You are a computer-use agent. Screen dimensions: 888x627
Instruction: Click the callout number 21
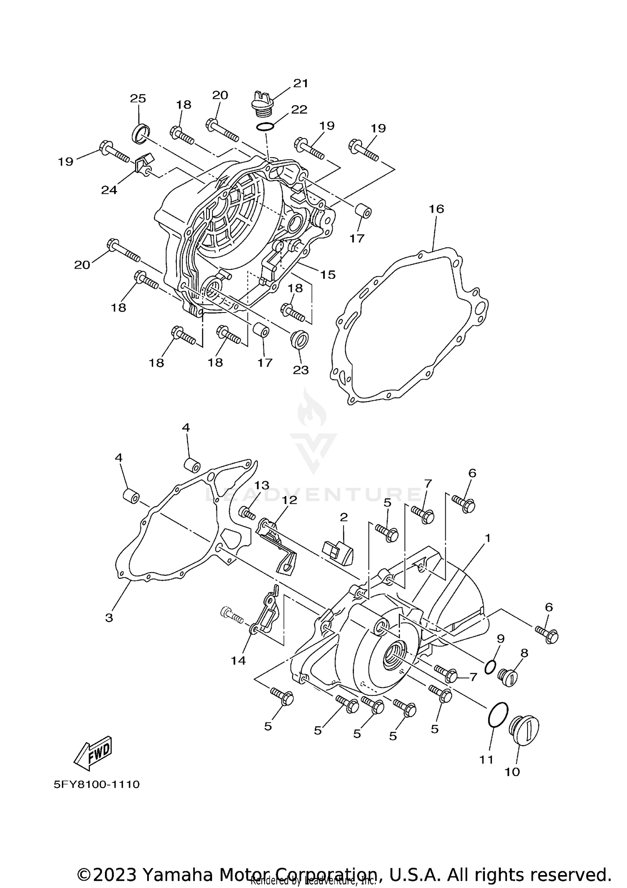coord(301,83)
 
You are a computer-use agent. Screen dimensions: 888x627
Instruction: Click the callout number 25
coord(138,99)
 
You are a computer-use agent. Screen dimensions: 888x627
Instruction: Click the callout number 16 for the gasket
coord(436,209)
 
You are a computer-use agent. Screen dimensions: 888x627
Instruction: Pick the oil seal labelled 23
coord(300,339)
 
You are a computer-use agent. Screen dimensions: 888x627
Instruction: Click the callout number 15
coord(328,275)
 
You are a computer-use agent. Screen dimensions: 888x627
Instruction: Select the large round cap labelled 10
coord(525,730)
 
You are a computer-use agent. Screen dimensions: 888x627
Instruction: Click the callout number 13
coord(262,486)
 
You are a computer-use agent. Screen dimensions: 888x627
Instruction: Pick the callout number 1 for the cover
coord(487,538)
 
